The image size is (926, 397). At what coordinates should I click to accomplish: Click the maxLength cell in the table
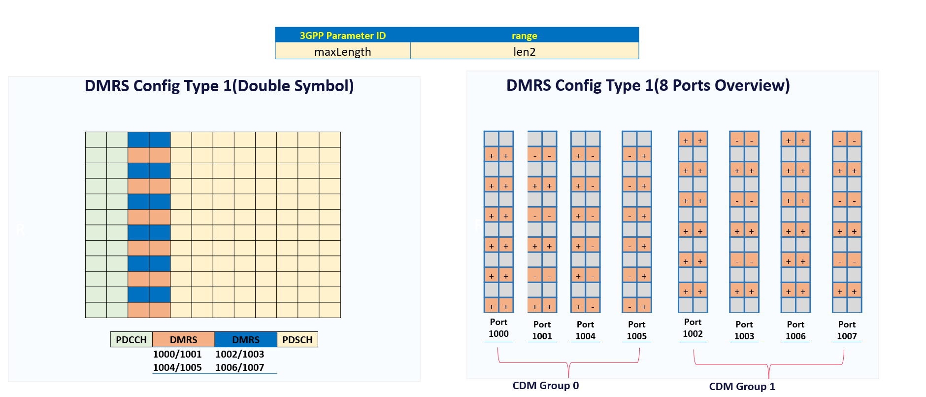(x=342, y=51)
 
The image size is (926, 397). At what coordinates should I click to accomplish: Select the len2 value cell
(x=524, y=51)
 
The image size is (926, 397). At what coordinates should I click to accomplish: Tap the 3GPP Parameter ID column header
(x=342, y=36)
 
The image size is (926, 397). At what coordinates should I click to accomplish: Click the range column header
(x=524, y=36)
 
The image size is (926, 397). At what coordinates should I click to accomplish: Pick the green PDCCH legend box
(x=131, y=339)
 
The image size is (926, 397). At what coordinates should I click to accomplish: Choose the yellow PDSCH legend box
(x=297, y=339)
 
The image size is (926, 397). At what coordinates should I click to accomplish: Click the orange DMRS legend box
(x=183, y=339)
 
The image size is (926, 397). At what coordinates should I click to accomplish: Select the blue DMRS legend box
(x=245, y=339)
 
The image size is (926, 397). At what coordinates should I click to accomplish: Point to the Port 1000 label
(x=498, y=328)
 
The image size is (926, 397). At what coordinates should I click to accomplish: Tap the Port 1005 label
(x=636, y=330)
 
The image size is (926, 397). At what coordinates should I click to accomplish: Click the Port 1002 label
(x=693, y=328)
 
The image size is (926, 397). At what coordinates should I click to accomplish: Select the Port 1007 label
(x=847, y=330)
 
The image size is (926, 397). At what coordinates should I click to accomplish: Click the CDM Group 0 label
(x=545, y=386)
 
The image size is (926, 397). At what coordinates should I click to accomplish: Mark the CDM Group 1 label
(x=742, y=387)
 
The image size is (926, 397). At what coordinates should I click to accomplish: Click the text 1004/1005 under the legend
(x=177, y=367)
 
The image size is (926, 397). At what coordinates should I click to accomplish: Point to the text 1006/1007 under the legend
(x=240, y=367)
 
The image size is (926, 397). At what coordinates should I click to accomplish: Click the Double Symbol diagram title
(x=219, y=86)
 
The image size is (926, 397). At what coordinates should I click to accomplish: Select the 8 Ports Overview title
(x=648, y=85)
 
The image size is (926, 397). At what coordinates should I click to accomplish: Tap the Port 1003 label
(x=744, y=330)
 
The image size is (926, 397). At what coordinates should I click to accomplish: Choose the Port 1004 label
(x=585, y=330)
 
